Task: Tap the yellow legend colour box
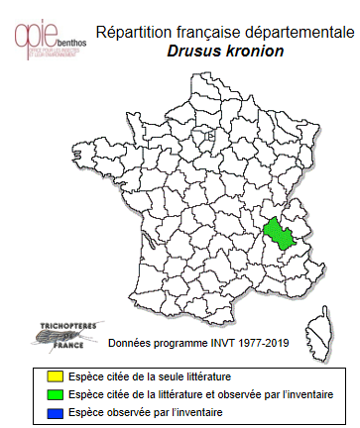click(x=41, y=377)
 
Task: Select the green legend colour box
click(x=41, y=394)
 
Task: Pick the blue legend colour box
click(x=41, y=411)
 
